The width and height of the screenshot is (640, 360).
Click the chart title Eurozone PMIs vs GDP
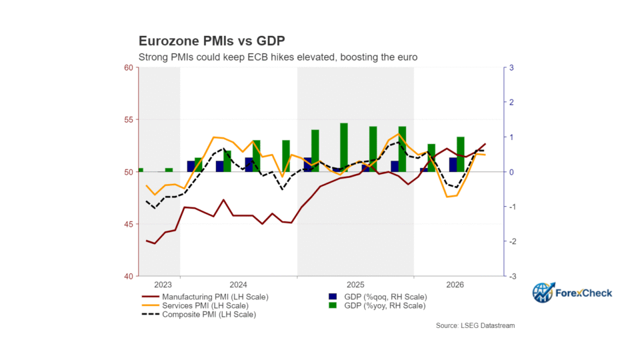[212, 41]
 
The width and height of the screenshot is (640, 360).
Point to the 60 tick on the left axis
[129, 68]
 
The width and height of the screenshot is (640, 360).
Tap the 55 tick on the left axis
[129, 120]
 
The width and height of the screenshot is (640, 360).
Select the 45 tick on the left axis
[129, 224]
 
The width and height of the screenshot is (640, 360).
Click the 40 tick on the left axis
[129, 276]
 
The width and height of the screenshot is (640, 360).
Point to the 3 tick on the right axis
[511, 68]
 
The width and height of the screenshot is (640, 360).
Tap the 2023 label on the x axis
[163, 285]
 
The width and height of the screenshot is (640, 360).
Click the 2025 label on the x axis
[355, 285]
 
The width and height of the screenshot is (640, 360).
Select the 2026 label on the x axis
[455, 285]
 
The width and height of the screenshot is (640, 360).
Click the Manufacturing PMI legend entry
[205, 297]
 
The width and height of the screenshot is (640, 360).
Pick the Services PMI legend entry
[195, 306]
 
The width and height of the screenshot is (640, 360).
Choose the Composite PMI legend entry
[199, 315]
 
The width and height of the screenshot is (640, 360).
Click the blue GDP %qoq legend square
[333, 297]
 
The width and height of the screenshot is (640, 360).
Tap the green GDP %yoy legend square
[333, 305]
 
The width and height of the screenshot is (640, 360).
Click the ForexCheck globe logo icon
[543, 293]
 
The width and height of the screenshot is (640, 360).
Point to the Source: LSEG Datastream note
[475, 326]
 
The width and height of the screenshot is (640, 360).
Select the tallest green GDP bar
[344, 147]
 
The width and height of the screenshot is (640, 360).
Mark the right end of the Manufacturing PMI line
[485, 144]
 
